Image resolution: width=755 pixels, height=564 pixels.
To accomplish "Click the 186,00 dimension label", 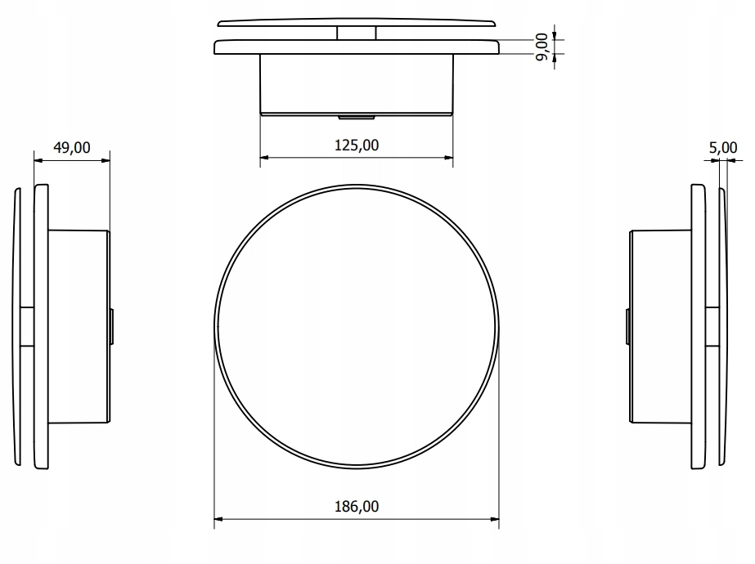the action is (x=357, y=506).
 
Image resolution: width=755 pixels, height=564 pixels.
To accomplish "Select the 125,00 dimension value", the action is (x=357, y=145).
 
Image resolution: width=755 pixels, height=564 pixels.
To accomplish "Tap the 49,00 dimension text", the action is (x=72, y=147).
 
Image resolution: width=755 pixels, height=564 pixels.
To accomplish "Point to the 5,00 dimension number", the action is (x=723, y=147).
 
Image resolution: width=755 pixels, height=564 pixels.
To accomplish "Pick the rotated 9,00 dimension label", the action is (x=542, y=47).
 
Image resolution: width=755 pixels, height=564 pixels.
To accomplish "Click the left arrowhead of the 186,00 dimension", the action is (x=218, y=519).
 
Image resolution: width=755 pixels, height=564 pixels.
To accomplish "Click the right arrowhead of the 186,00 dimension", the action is (x=495, y=519).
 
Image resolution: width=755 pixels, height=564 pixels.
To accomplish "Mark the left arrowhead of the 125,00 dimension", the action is (x=264, y=158).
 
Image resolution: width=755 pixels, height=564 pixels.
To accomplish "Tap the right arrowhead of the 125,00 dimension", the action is (x=449, y=158).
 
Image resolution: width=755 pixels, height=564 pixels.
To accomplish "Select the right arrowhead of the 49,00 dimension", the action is (x=106, y=160).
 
